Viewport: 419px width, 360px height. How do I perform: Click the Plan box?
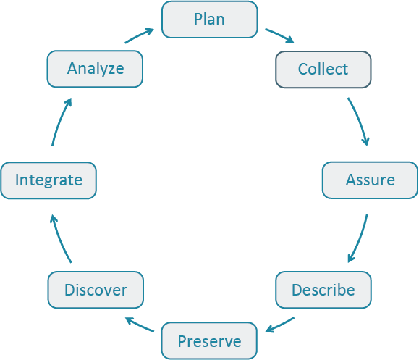point(209,20)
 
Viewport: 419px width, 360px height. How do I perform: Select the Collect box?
point(323,70)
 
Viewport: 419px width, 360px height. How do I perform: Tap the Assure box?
point(370,180)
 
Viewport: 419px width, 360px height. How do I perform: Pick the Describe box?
point(323,290)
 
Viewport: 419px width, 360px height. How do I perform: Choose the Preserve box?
point(209,340)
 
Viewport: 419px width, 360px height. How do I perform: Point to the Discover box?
point(96,290)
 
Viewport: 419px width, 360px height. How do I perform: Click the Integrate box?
point(48,180)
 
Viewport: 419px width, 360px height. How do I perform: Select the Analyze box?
point(96,70)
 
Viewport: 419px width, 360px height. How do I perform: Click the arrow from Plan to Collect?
point(279,36)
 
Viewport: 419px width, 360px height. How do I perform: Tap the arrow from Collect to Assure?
point(360,120)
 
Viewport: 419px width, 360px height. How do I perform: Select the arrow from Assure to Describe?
point(359,239)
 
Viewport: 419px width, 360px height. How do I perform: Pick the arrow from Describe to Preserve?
point(279,325)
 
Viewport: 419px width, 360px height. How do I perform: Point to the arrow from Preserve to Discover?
point(139,325)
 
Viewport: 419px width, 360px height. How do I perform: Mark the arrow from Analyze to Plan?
point(139,35)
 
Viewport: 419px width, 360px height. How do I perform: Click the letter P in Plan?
point(198,20)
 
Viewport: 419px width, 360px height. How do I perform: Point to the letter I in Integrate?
point(17,180)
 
